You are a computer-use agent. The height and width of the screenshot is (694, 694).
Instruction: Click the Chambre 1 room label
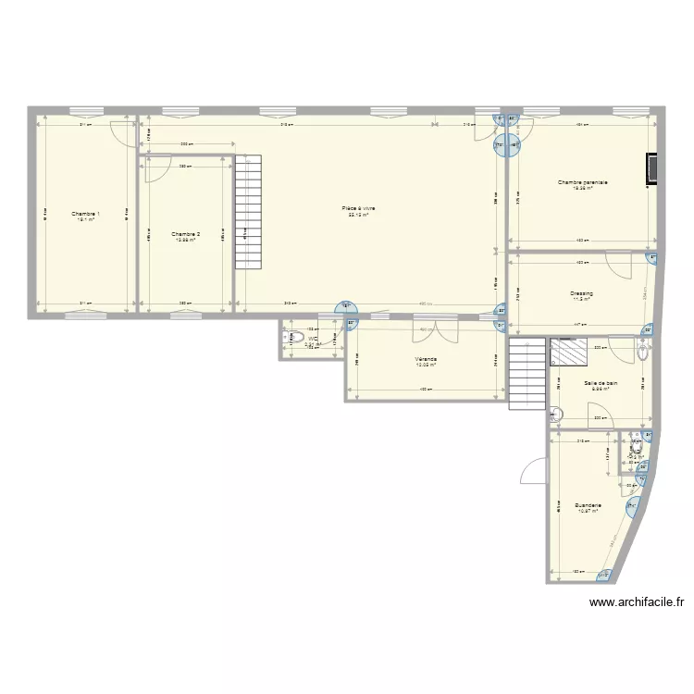click(x=86, y=214)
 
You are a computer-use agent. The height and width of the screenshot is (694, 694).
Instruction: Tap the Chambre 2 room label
click(x=186, y=234)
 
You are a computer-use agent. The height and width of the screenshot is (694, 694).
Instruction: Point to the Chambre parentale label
click(x=582, y=182)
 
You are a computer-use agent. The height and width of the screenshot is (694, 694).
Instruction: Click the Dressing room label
click(x=581, y=293)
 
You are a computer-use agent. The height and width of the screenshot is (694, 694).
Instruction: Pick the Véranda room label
click(x=426, y=359)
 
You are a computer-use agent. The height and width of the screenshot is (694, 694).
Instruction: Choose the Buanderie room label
click(x=588, y=505)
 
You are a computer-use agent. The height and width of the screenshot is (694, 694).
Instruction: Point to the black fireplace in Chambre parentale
click(x=653, y=169)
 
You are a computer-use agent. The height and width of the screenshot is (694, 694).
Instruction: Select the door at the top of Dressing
click(x=617, y=263)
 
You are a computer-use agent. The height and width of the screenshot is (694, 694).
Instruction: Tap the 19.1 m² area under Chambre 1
click(x=86, y=220)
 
